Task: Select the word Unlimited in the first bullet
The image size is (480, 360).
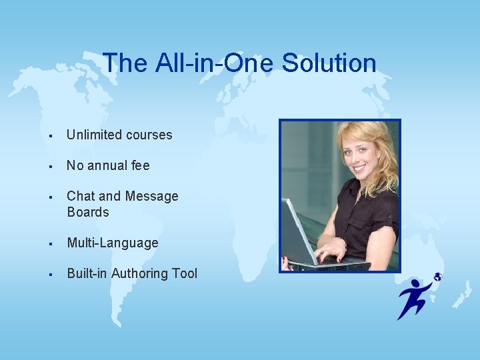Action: pyautogui.click(x=91, y=135)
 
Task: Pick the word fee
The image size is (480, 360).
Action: pyautogui.click(x=141, y=165)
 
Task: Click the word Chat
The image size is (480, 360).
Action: pyautogui.click(x=80, y=196)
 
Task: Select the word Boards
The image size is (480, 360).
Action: pyautogui.click(x=87, y=212)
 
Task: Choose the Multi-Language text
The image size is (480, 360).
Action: pyautogui.click(x=112, y=243)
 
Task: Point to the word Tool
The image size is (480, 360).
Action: pyautogui.click(x=185, y=273)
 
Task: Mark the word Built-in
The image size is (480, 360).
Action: pyautogui.click(x=87, y=273)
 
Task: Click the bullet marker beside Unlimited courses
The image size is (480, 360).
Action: pyautogui.click(x=51, y=135)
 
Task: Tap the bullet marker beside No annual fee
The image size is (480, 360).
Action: pyautogui.click(x=51, y=166)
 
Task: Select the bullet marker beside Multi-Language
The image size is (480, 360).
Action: pyautogui.click(x=51, y=243)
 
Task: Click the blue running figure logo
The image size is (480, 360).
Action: pyautogui.click(x=415, y=297)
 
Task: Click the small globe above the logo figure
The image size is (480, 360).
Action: pyautogui.click(x=437, y=277)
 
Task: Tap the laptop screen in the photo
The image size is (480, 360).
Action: pyautogui.click(x=298, y=230)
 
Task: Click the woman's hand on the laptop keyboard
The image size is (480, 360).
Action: pyautogui.click(x=330, y=251)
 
